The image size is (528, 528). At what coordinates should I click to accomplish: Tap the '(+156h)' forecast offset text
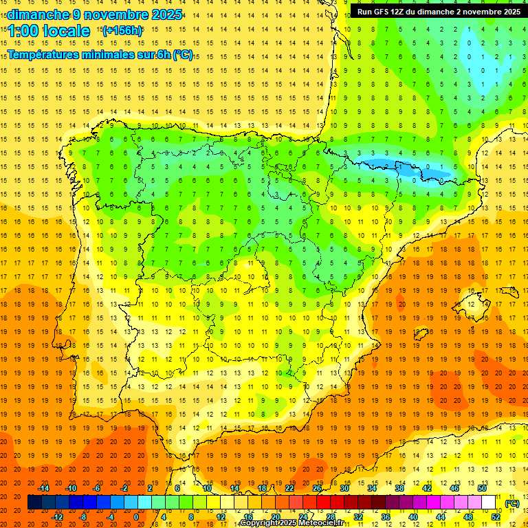[x=122, y=30]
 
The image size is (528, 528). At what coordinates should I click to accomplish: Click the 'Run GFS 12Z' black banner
[x=438, y=12]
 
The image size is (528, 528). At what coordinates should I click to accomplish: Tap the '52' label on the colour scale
[x=496, y=517]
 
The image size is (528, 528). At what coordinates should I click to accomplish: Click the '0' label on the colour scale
[x=135, y=517]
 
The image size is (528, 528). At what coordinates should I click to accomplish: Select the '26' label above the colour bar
[x=317, y=488]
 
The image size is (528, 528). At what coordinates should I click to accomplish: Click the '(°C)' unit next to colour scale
[x=512, y=503]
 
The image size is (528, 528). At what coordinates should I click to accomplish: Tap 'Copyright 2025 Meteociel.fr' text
[x=291, y=523]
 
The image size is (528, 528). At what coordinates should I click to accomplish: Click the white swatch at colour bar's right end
[x=489, y=503]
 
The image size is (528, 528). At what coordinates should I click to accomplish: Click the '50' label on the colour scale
[x=481, y=488]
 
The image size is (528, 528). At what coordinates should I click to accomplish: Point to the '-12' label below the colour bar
[x=57, y=517]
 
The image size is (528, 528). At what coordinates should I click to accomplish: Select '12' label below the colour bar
[x=221, y=517]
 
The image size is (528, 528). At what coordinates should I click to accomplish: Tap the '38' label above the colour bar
[x=399, y=488]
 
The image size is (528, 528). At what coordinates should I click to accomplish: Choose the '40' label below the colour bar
[x=413, y=517]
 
